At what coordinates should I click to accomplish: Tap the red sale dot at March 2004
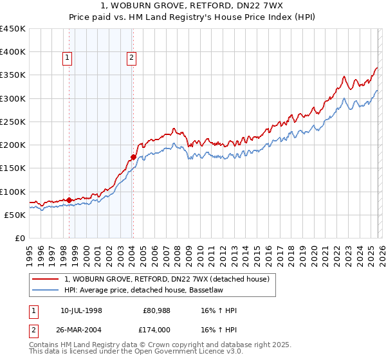133,157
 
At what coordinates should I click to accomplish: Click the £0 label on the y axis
19,238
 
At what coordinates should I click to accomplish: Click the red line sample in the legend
45,278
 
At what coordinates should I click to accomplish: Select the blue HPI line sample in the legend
45,290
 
